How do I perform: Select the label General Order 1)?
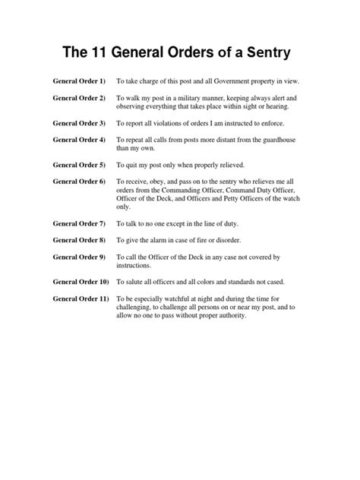[x=80, y=80]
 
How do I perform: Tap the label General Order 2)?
[x=80, y=99]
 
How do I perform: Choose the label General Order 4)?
[x=80, y=141]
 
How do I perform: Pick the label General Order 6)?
[x=80, y=182]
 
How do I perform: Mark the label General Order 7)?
[x=80, y=224]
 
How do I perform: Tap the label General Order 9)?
[x=80, y=257]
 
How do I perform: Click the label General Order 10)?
[x=81, y=282]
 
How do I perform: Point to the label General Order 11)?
[x=81, y=299]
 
